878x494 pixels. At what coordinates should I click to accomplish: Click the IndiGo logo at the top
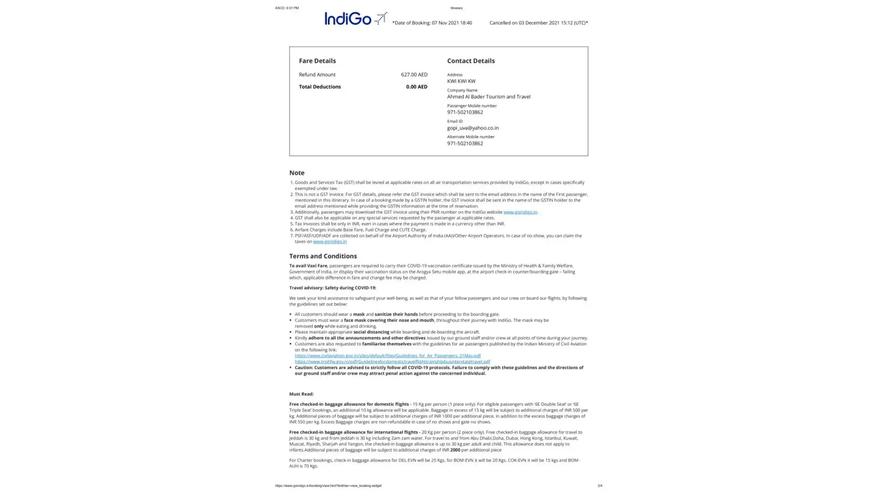[355, 19]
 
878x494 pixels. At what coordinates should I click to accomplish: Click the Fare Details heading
[317, 61]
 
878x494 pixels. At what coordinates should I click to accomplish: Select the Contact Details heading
[471, 61]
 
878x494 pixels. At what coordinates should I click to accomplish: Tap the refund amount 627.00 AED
[414, 75]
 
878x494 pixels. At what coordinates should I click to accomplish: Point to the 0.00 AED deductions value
[416, 87]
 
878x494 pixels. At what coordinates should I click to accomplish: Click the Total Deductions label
[319, 87]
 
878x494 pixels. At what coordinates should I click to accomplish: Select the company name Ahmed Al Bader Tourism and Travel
[488, 97]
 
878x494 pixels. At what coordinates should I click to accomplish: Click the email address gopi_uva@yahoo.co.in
[473, 128]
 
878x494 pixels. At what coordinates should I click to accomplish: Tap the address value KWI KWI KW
[461, 81]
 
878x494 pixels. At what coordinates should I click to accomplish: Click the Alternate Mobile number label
[471, 137]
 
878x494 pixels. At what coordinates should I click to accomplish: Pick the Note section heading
[297, 173]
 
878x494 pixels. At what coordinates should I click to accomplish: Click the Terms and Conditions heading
[323, 256]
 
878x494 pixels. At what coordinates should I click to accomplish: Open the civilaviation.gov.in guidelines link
[387, 356]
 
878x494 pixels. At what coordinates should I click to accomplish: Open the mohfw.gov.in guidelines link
[392, 362]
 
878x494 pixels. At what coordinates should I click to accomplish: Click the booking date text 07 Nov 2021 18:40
[451, 23]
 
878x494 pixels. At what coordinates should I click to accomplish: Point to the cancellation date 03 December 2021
[539, 23]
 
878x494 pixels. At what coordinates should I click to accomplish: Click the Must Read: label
[301, 394]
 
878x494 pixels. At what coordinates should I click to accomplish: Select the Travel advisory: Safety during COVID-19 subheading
[332, 288]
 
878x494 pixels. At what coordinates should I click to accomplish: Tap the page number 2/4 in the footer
[599, 486]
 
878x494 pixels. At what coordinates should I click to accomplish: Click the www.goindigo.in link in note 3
[520, 212]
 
